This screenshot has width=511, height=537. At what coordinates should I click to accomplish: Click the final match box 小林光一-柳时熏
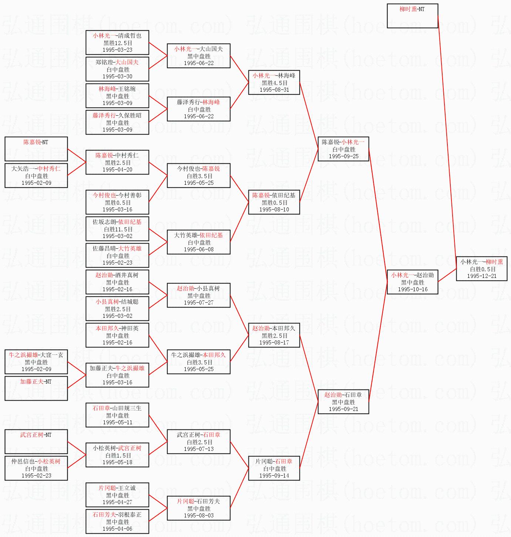click(481, 269)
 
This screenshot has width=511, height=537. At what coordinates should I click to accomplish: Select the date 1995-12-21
click(481, 276)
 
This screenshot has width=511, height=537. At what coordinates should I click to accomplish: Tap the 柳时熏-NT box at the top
click(412, 16)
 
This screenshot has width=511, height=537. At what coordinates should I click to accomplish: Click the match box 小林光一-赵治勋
click(412, 282)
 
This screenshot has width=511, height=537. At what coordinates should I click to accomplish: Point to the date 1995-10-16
click(412, 289)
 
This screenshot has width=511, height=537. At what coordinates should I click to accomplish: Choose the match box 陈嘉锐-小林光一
click(343, 149)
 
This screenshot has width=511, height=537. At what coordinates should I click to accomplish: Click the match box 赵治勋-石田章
click(343, 402)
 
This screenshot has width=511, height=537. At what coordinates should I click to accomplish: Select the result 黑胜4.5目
click(274, 83)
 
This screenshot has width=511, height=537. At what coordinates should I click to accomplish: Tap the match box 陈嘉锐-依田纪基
click(274, 202)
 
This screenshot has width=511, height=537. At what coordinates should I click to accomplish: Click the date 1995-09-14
click(274, 476)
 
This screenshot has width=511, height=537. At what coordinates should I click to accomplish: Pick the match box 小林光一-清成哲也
click(117, 43)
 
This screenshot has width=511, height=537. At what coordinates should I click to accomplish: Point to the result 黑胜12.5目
click(117, 43)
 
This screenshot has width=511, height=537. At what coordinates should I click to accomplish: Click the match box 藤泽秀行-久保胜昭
click(117, 122)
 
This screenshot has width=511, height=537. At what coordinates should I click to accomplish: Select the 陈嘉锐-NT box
click(36, 149)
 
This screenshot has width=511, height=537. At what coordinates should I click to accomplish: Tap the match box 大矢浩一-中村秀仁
click(36, 176)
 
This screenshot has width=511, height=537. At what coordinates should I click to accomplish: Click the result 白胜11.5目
click(117, 229)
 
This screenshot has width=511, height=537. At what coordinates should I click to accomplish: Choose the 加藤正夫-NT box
click(36, 388)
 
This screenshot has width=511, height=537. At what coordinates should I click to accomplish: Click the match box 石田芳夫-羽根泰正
click(117, 521)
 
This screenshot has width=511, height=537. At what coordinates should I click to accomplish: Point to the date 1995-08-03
click(199, 516)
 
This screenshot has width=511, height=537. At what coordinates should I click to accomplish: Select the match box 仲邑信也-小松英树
click(36, 468)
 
